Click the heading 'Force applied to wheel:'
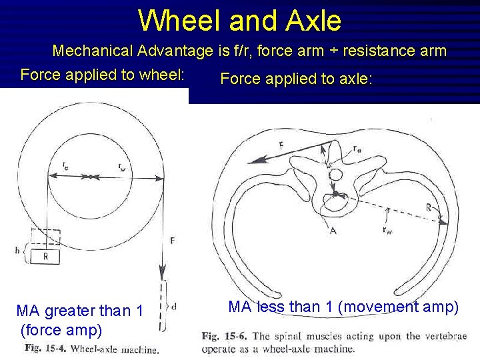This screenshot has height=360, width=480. (x=103, y=74)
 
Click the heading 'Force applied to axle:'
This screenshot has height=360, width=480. (x=296, y=79)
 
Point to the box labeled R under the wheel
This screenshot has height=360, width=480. (x=45, y=255)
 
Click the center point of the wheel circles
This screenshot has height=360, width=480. (x=89, y=177)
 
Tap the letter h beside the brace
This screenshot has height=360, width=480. (x=17, y=250)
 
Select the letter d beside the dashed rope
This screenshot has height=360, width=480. (x=174, y=307)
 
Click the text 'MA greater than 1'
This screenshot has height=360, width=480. (x=79, y=311)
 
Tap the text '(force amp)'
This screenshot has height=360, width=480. (x=61, y=329)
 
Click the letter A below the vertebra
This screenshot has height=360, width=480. (x=333, y=230)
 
